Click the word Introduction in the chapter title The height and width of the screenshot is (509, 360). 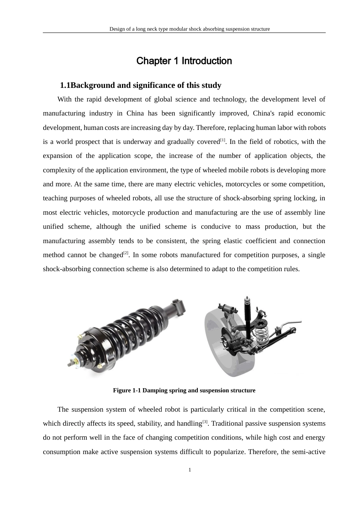[x=207, y=61]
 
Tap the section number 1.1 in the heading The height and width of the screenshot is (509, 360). [x=65, y=85]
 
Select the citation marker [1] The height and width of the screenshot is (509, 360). [x=223, y=140]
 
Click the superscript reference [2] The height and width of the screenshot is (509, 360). [x=126, y=253]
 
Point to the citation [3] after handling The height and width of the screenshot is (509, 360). [x=205, y=422]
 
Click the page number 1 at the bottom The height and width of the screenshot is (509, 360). [x=190, y=470]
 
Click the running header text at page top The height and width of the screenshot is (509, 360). [x=189, y=29]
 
